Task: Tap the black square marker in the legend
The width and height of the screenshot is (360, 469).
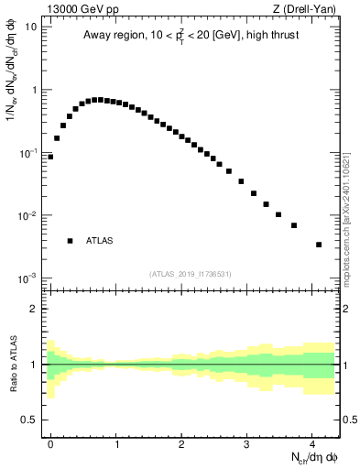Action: pyautogui.click(x=70, y=241)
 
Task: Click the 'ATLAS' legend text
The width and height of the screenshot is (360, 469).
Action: pyautogui.click(x=100, y=241)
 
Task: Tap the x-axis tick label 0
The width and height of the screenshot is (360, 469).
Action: pyautogui.click(x=50, y=442)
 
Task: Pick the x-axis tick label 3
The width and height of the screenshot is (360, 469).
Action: pyautogui.click(x=246, y=442)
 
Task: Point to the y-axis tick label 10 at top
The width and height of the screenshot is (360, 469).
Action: pyautogui.click(x=32, y=27)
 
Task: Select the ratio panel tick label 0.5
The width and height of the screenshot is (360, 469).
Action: pyautogui.click(x=32, y=420)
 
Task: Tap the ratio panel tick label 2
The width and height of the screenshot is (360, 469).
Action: pyautogui.click(x=37, y=309)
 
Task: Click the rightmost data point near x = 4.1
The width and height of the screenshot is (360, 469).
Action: pyautogui.click(x=318, y=245)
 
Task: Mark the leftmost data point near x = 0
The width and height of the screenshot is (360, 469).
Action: pyautogui.click(x=50, y=157)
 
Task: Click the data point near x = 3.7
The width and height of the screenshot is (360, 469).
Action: pyautogui.click(x=294, y=225)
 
